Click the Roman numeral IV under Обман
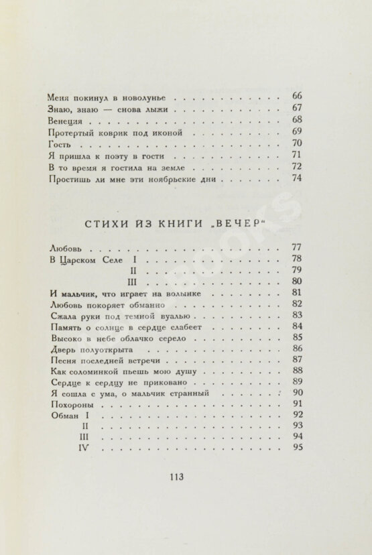click(84, 450)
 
